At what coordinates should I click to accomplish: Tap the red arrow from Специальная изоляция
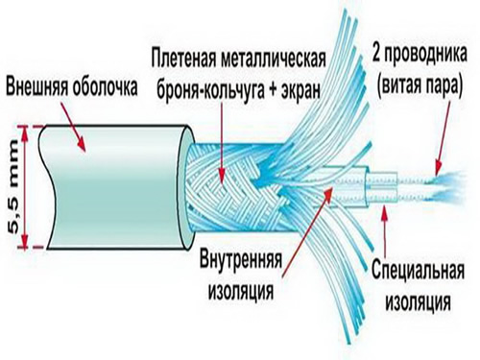click(x=381, y=226)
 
